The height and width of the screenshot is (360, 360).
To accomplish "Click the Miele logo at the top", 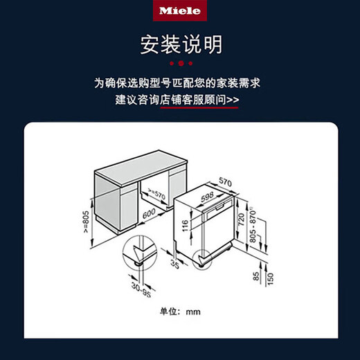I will click(180, 11).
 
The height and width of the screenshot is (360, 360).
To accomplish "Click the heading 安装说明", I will click(180, 45).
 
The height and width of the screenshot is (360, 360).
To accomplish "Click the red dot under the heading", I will click(180, 64).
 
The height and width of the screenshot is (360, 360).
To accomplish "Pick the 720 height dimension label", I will click(242, 222).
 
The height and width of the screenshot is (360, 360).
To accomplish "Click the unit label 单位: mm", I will click(180, 312).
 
